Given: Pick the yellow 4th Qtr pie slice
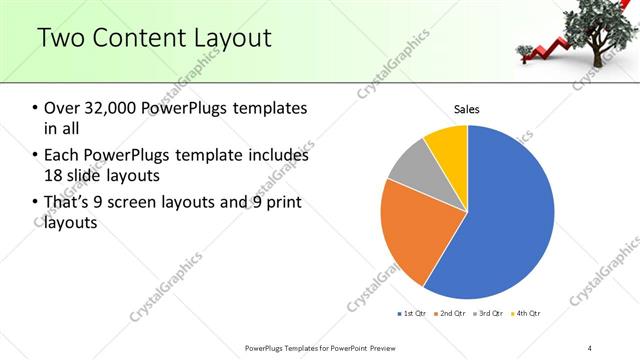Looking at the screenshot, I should coord(447,146).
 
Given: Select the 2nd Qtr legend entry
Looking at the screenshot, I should coord(451,314).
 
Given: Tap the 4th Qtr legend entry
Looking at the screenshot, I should coord(526,314).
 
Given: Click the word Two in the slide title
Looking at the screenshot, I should coord(63,39).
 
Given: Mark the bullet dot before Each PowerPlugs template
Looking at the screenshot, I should coord(35,156).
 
